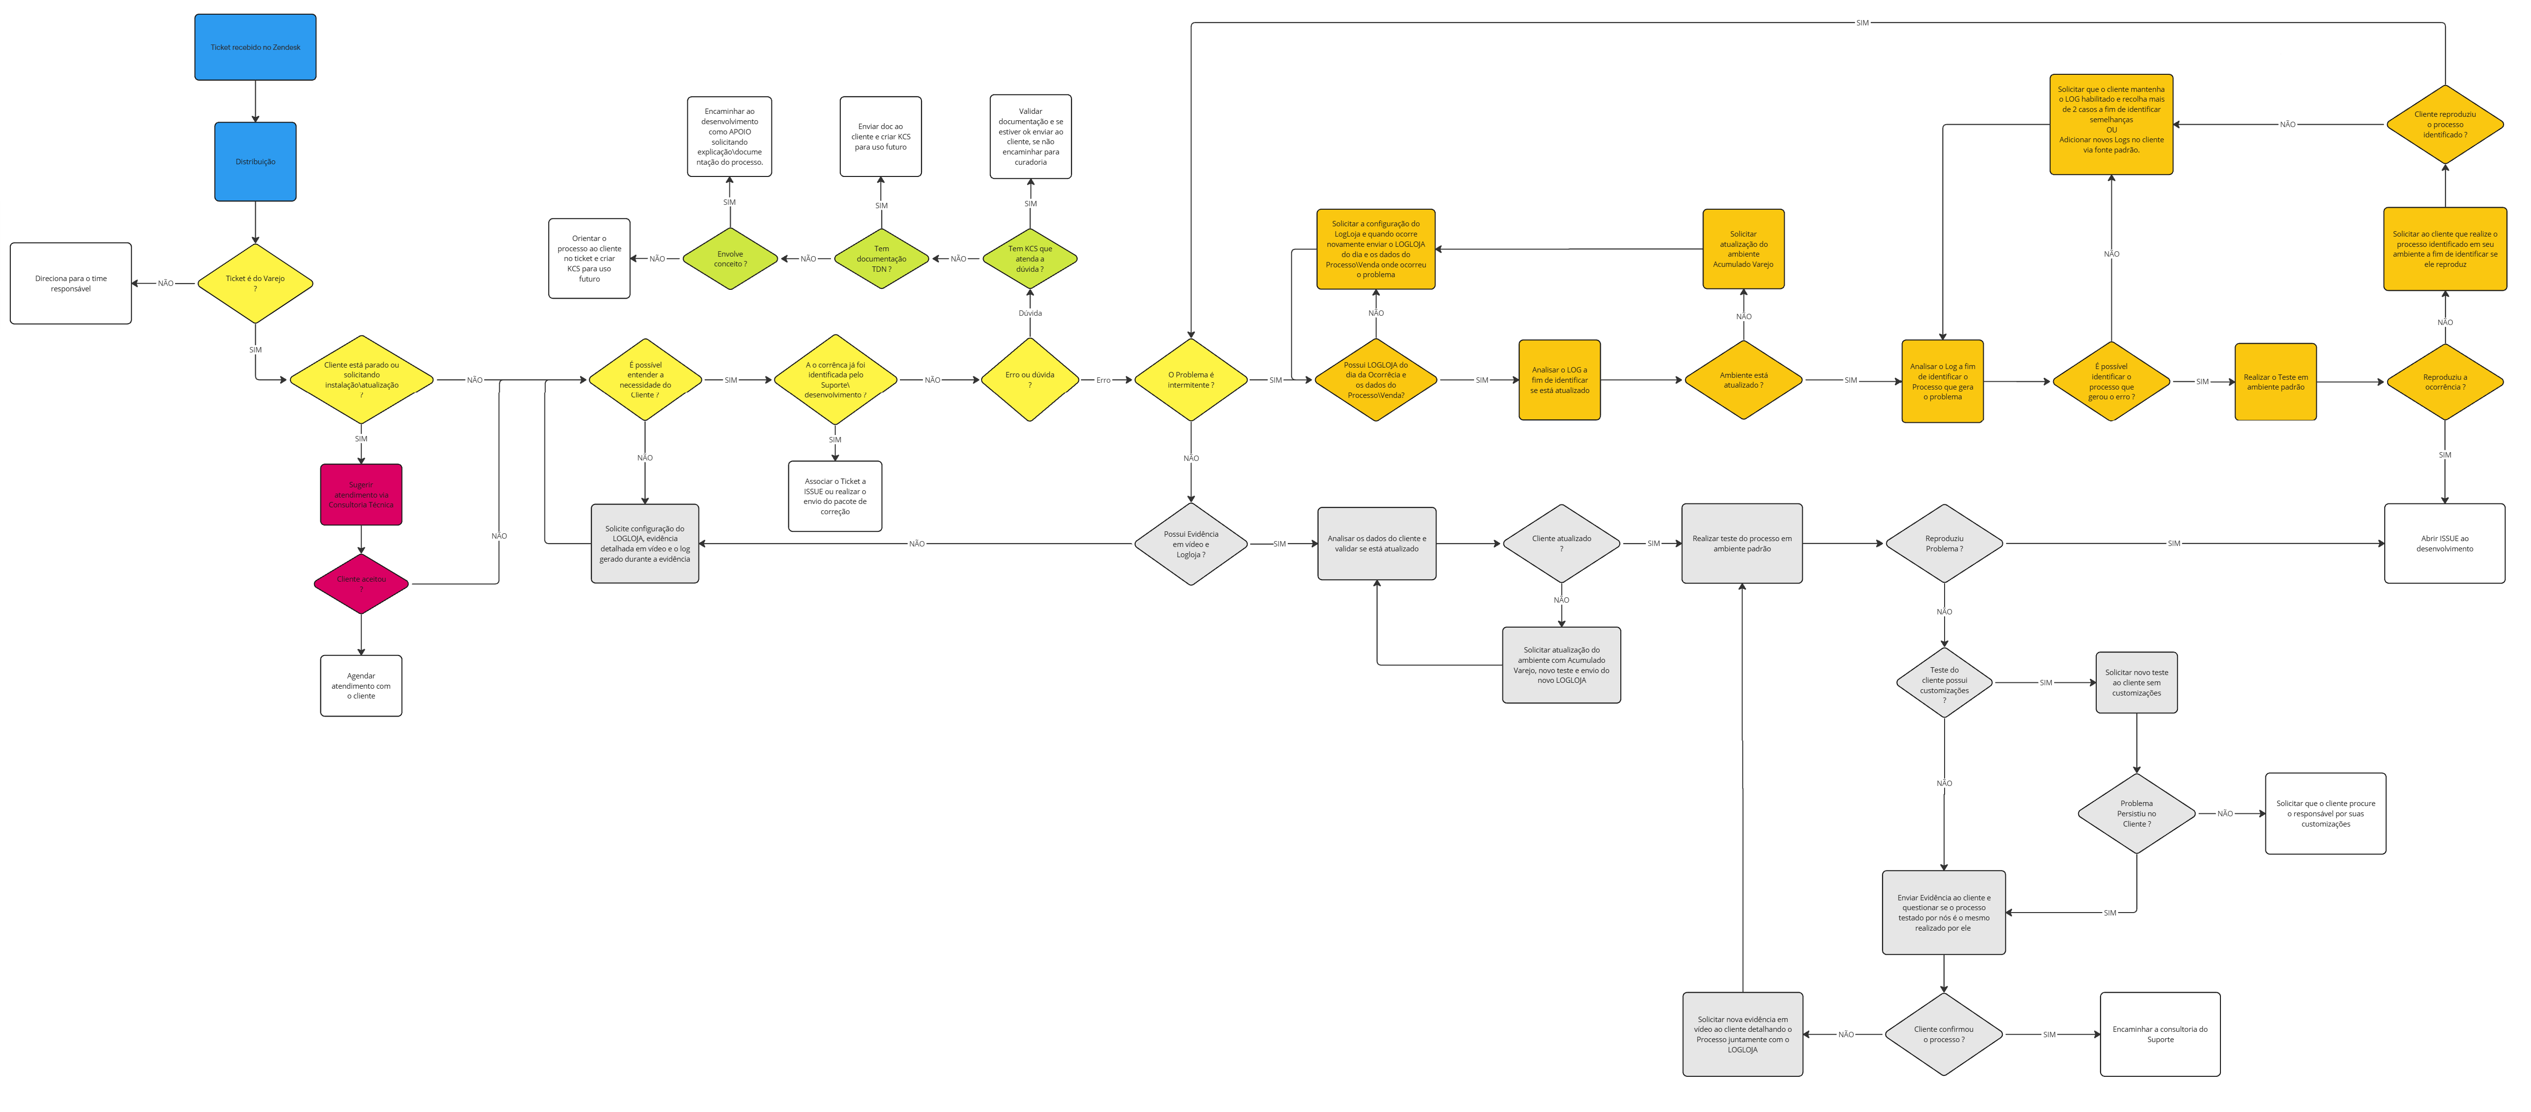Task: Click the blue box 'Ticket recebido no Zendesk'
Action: (255, 47)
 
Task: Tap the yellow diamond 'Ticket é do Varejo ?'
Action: (255, 283)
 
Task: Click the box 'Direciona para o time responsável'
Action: (71, 283)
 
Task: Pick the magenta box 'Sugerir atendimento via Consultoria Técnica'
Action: (360, 494)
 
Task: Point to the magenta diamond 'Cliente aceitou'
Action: (360, 584)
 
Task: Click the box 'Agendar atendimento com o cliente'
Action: (360, 686)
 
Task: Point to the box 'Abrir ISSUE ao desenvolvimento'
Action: (2444, 543)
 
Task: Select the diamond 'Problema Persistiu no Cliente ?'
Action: (2136, 813)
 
